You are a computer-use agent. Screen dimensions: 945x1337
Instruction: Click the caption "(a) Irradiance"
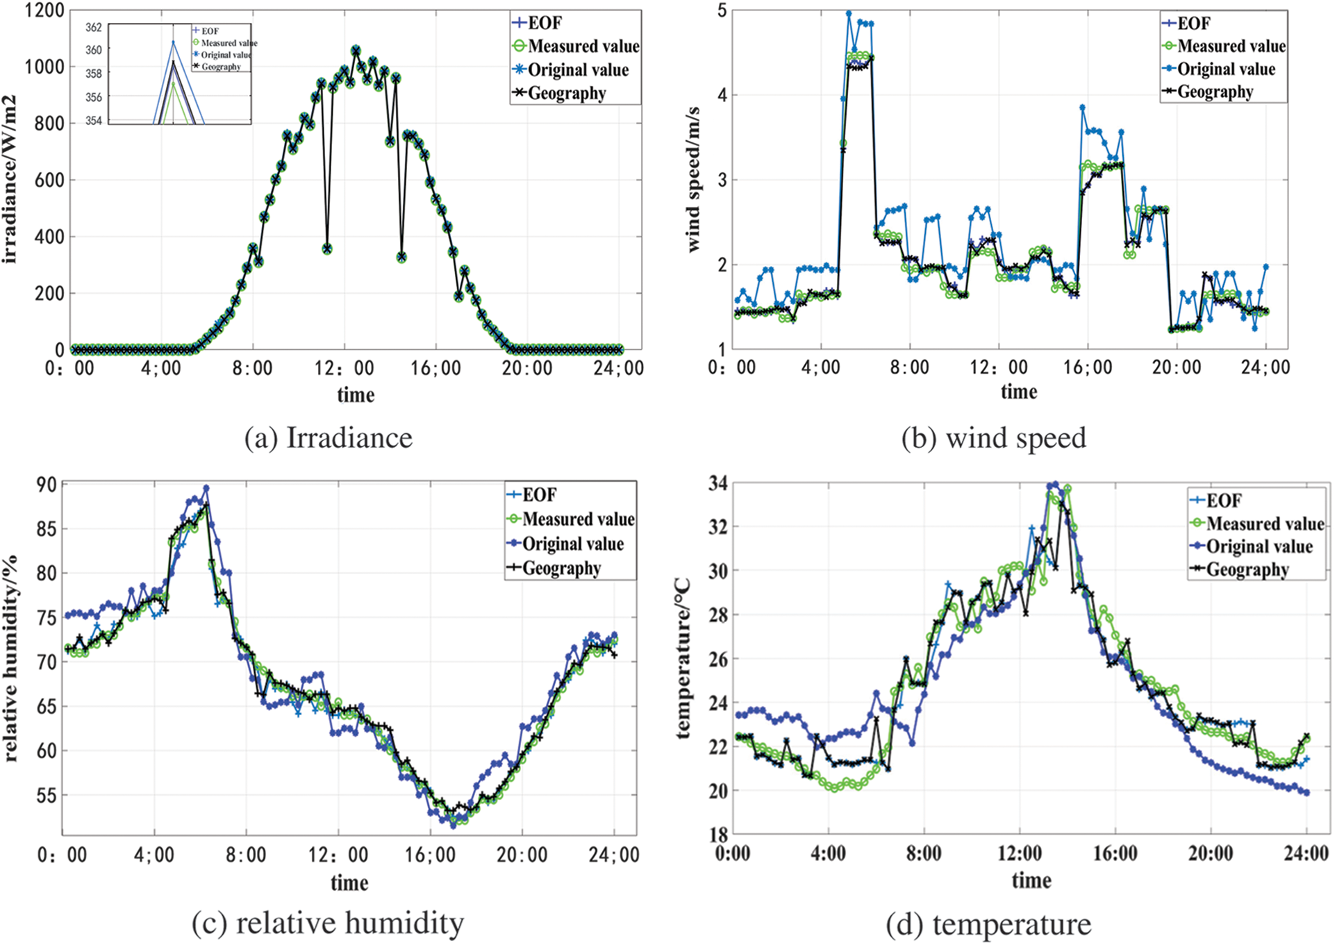(329, 438)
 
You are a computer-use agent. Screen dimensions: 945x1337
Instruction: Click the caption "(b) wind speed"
(993, 438)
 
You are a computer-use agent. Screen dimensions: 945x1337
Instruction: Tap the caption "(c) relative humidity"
(328, 923)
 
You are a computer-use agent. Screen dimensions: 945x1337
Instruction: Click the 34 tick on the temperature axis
(717, 483)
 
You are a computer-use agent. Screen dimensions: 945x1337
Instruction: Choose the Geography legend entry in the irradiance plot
(566, 93)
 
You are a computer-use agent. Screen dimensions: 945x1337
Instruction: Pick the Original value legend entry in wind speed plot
(1226, 69)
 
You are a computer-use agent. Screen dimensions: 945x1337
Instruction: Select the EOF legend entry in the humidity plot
(539, 495)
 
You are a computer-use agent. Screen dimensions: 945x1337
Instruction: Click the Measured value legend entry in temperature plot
(1264, 524)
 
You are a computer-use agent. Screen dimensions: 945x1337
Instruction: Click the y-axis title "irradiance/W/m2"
(10, 179)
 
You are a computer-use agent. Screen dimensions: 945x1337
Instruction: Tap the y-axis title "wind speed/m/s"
(692, 179)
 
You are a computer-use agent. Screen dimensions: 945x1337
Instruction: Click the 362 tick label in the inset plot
(94, 28)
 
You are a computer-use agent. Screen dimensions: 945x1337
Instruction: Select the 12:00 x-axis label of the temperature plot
(1020, 853)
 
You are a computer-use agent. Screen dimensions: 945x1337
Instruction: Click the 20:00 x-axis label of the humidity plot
(522, 855)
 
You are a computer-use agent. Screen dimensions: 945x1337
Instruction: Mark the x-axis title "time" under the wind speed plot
(1019, 392)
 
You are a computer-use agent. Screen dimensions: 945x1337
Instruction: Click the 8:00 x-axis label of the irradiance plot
(252, 368)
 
